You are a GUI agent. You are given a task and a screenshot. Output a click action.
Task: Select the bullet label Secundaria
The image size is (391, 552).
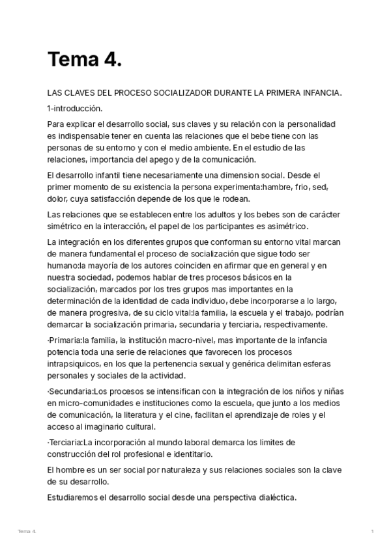tap(70, 391)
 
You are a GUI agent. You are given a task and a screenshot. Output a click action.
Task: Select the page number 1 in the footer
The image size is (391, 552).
tap(372, 532)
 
